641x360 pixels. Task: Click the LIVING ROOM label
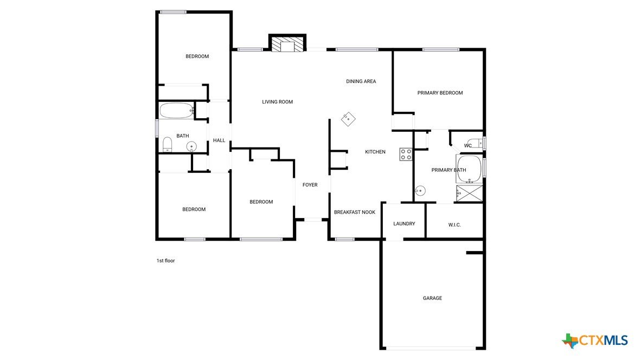(x=277, y=102)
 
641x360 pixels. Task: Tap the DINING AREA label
(x=361, y=81)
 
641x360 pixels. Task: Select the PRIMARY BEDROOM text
(x=440, y=93)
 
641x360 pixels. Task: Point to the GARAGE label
(x=432, y=298)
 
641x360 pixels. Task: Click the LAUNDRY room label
(x=404, y=223)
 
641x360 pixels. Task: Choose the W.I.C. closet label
(x=454, y=225)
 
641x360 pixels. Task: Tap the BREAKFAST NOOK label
(x=355, y=212)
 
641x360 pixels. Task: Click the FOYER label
(x=310, y=185)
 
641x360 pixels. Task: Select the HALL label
(x=219, y=140)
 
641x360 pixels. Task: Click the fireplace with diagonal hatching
(x=287, y=44)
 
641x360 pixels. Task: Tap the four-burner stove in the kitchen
(x=406, y=154)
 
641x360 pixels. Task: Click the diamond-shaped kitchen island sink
(x=348, y=119)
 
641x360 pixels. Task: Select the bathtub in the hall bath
(x=176, y=110)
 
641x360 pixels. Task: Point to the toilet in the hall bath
(x=167, y=144)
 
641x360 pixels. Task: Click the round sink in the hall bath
(x=191, y=146)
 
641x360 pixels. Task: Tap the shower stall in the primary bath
(x=469, y=193)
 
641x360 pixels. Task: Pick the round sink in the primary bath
(x=420, y=190)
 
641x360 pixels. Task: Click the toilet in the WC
(x=475, y=144)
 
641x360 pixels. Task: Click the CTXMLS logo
(x=595, y=340)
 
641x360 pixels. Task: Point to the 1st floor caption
(x=165, y=261)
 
